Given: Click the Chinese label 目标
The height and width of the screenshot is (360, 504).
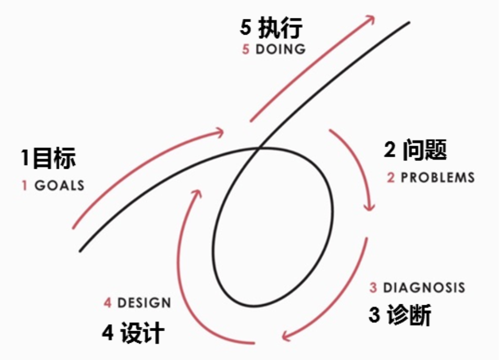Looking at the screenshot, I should coord(54,158).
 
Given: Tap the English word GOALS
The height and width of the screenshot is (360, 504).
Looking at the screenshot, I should coord(59,186).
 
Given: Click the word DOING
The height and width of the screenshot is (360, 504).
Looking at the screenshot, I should coord(281,50).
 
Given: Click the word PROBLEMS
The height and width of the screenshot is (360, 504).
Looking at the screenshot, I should coord(437,178).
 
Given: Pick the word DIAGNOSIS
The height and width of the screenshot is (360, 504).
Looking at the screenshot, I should coord(424,288).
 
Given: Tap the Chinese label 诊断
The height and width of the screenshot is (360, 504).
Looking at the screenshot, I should coord(408,316).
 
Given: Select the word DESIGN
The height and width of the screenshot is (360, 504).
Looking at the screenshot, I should coord(144,303).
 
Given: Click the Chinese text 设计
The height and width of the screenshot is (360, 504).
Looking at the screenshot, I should coord(142,333).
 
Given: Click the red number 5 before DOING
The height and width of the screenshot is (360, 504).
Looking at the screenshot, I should coord(245,50).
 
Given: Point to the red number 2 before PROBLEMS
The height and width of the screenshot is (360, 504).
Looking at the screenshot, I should coord(390,178).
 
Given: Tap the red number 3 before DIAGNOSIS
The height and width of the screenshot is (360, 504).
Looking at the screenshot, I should coord(373,288).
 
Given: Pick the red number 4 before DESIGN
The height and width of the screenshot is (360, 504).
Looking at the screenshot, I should coord(108,303).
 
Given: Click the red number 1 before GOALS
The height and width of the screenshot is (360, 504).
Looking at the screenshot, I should coord(25,186).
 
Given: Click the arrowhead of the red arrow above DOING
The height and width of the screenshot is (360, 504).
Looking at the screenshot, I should coord(371,18).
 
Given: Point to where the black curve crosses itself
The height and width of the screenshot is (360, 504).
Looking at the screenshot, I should coord(260,148).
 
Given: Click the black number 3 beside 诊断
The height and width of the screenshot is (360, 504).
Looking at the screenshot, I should coord(374,316).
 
